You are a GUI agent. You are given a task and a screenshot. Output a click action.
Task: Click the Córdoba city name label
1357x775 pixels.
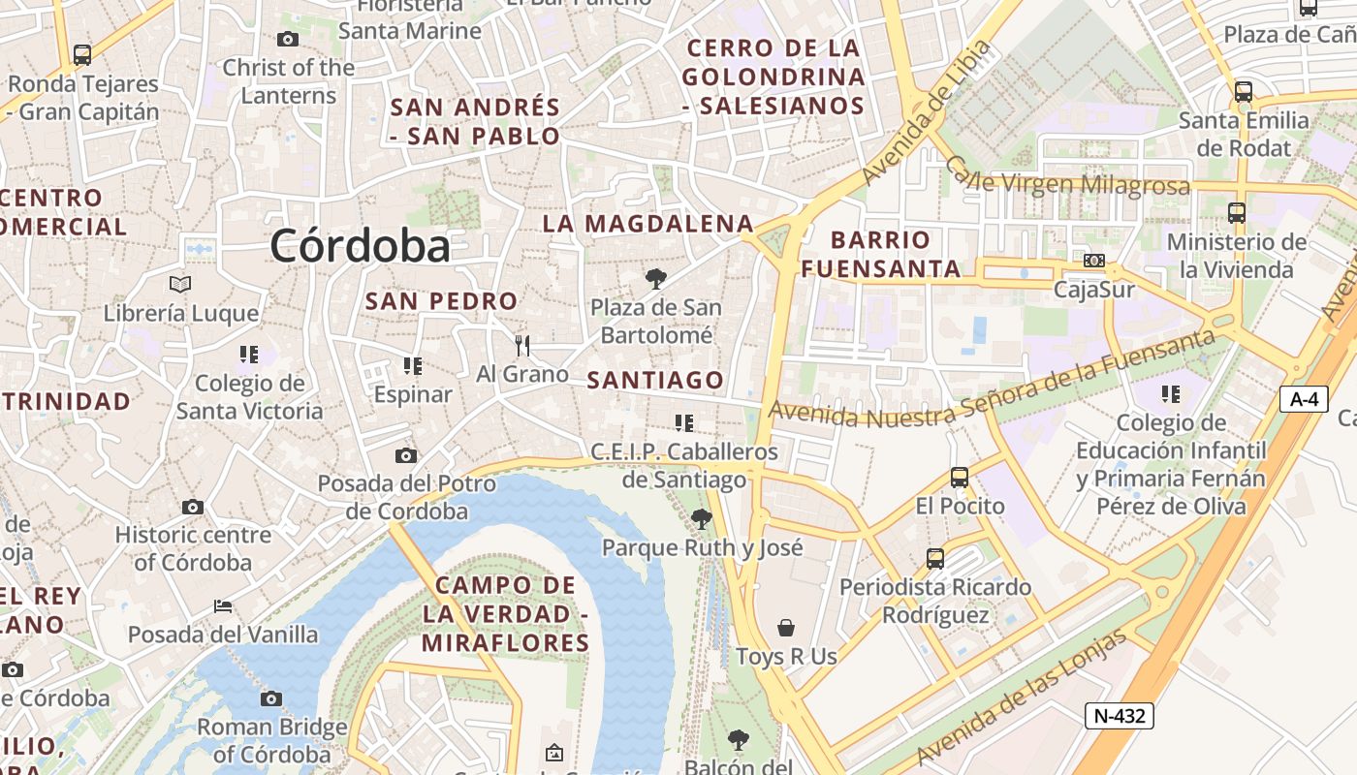pos(360,246)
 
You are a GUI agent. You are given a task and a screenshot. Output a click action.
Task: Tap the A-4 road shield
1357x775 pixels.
pos(1304,398)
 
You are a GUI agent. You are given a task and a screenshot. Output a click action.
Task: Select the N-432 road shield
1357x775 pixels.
pos(1120,716)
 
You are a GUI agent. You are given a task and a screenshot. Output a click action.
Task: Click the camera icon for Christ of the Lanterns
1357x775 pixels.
pos(287,39)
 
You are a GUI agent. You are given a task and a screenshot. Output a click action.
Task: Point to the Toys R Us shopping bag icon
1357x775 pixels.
pos(786,628)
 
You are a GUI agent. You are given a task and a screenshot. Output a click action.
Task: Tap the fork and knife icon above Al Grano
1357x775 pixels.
pos(522,345)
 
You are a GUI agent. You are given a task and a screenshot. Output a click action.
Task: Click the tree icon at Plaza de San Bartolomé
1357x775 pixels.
pos(656,280)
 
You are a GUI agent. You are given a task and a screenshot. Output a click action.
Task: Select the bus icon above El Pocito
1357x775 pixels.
pos(960,477)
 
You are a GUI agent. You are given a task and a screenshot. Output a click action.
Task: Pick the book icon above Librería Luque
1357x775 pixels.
pos(180,284)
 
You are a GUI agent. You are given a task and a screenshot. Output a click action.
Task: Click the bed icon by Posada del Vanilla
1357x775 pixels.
pos(223,606)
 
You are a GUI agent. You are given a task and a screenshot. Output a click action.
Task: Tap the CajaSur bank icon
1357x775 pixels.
pos(1094,260)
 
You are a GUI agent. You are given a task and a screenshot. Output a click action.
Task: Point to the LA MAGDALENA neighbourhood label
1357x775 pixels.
pos(647,224)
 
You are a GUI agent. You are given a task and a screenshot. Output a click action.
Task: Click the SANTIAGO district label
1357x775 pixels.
pos(655,381)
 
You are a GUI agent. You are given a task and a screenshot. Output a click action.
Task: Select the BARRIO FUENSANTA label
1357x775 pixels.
pos(881,254)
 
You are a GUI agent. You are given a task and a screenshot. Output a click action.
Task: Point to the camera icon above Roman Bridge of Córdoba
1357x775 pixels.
pos(271,698)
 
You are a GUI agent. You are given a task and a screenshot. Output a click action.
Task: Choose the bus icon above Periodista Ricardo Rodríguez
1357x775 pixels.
pos(935,558)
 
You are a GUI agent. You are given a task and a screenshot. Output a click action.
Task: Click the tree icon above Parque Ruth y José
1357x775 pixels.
pos(702,519)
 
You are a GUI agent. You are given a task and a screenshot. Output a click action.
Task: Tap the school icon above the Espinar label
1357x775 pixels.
pos(413,365)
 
